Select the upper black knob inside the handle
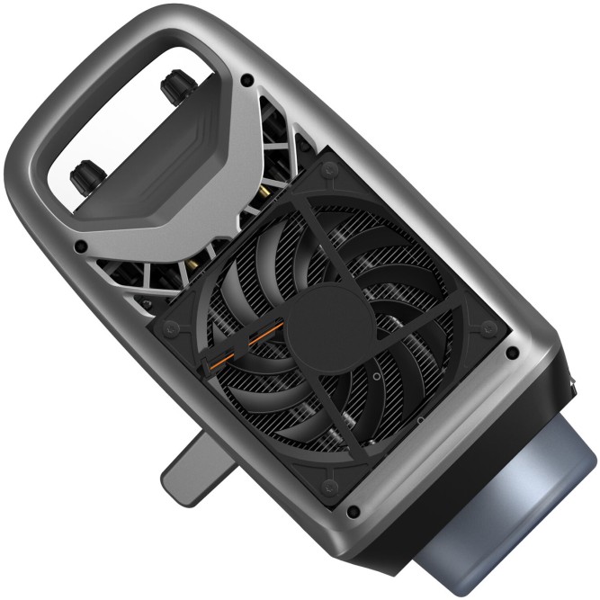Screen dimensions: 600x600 coord(169,86)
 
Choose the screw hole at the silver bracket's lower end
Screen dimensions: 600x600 coord(82,245)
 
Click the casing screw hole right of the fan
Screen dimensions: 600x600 coord(512,353)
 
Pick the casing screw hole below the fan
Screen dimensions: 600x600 coord(352,512)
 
